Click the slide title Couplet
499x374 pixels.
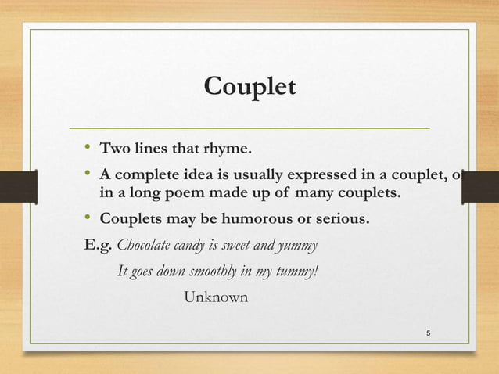pos(249,86)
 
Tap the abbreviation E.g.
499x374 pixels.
pos(99,246)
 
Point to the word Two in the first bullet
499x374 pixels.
pos(113,147)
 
